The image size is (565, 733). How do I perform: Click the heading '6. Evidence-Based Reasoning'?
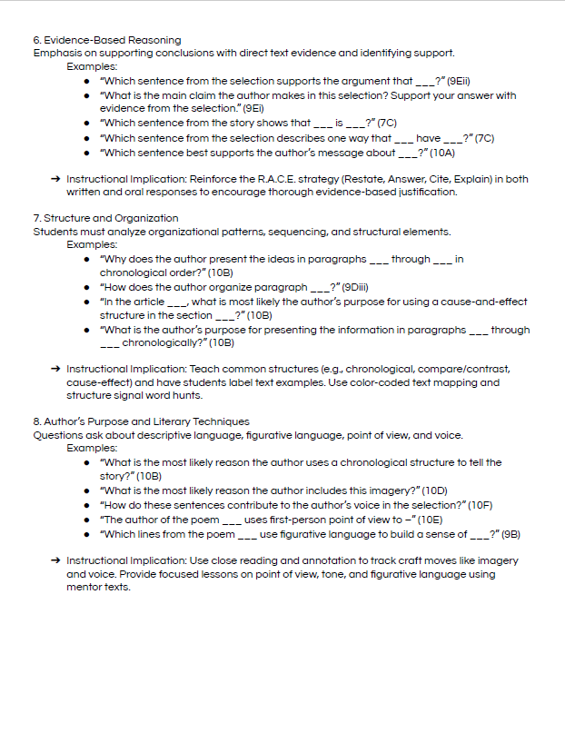[106, 40]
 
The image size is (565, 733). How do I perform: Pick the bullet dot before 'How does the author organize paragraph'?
[86, 287]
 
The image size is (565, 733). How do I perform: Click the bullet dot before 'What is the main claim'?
[86, 95]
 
